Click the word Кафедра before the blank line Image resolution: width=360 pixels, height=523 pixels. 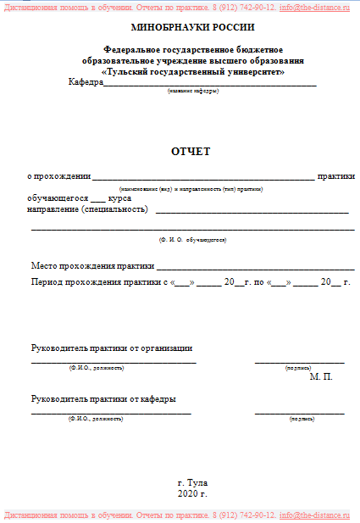tap(86, 82)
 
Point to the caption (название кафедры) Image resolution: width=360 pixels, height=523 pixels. tap(192, 91)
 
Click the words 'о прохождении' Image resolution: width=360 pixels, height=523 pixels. tap(58, 176)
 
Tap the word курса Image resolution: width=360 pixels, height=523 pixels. tap(114, 198)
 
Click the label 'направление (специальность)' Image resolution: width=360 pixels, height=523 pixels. tap(88, 209)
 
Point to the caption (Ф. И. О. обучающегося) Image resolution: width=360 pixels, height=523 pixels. tap(192, 240)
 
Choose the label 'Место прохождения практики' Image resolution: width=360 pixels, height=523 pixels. tap(87, 266)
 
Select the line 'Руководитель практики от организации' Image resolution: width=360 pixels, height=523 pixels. tap(112, 348)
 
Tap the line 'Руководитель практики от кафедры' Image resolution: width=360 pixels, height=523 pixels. tap(103, 398)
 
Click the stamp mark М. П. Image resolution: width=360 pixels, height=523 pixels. tap(322, 375)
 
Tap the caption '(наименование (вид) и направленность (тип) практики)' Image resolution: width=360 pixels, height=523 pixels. tap(191, 188)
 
